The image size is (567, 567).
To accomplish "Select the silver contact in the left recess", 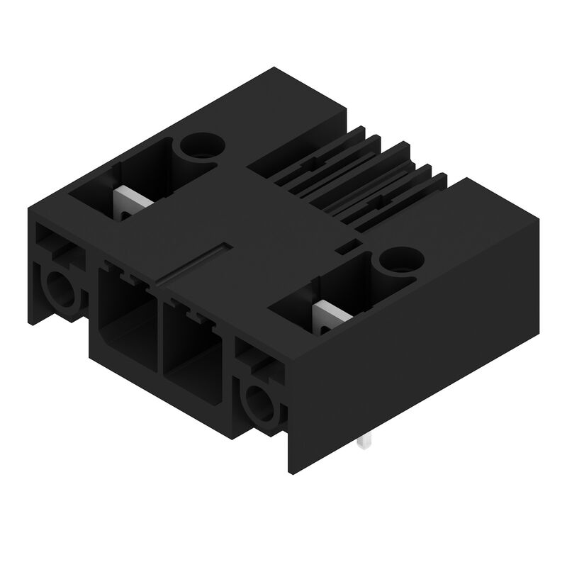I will pos(130,201).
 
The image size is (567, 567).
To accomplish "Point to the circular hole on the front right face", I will pos(258,405).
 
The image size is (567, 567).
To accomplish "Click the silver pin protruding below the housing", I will pos(366,442).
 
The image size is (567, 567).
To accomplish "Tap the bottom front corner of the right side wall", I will pos(291,471).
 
